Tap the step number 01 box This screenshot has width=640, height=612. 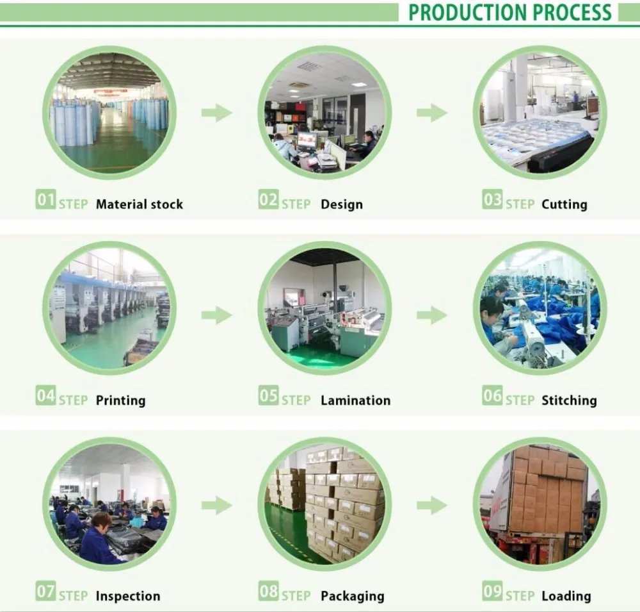pyautogui.click(x=45, y=201)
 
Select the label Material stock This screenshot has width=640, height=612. pyautogui.click(x=139, y=204)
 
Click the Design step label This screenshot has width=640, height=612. pyautogui.click(x=341, y=204)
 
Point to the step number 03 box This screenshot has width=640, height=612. pyautogui.click(x=492, y=201)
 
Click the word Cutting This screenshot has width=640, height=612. pyautogui.click(x=564, y=204)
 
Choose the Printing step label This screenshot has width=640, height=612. pyautogui.click(x=120, y=401)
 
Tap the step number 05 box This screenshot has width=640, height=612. pyautogui.click(x=268, y=397)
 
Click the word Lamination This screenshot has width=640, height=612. pyautogui.click(x=355, y=401)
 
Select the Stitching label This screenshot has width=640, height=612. pyautogui.click(x=569, y=401)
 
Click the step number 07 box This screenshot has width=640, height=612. pyautogui.click(x=45, y=591)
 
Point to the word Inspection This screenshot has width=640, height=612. pyautogui.click(x=128, y=596)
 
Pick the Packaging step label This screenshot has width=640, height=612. pyautogui.click(x=352, y=596)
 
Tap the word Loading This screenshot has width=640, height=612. pyautogui.click(x=566, y=596)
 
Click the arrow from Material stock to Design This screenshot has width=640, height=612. pyautogui.click(x=216, y=113)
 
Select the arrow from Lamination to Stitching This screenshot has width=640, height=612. pyautogui.click(x=431, y=315)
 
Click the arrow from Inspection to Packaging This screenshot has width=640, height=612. pyautogui.click(x=216, y=505)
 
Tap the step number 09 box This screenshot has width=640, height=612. pyautogui.click(x=492, y=591)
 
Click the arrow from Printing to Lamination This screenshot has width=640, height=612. pyautogui.click(x=216, y=315)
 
